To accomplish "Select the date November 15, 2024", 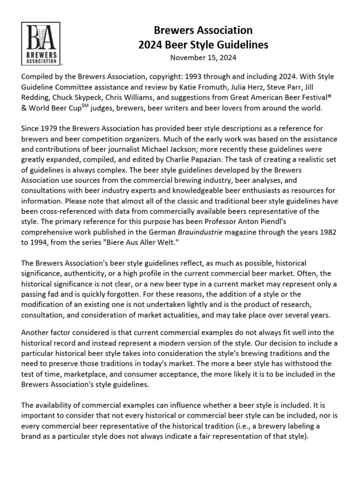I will tap(203, 58).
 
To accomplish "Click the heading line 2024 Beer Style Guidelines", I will tap(203, 45).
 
